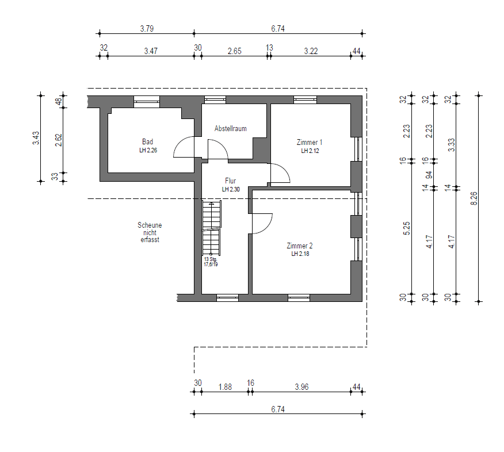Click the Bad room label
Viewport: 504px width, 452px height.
[x=147, y=141]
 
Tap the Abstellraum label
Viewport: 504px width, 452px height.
[x=231, y=128]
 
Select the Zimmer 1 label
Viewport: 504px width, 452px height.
[x=309, y=142]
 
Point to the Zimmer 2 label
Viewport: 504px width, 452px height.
[x=300, y=246]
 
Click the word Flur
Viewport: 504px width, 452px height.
[x=231, y=181]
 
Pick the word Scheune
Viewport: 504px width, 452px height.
[x=150, y=225]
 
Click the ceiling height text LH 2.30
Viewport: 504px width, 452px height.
[x=231, y=190]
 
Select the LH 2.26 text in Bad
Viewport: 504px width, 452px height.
[x=148, y=150]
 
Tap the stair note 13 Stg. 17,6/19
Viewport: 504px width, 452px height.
[x=211, y=262]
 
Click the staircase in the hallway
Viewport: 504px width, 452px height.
[x=212, y=228]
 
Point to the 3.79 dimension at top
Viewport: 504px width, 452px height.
[x=147, y=29]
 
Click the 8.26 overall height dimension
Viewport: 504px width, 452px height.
[x=474, y=198]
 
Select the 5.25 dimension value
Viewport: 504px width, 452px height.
[x=407, y=228]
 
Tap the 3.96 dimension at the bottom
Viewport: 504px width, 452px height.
[x=302, y=387]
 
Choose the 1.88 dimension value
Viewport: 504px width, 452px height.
[x=225, y=387]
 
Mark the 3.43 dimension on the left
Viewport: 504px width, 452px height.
[x=36, y=138]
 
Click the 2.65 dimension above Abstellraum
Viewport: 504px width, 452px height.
[x=234, y=51]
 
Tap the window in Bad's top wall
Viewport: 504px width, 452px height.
[x=147, y=102]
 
